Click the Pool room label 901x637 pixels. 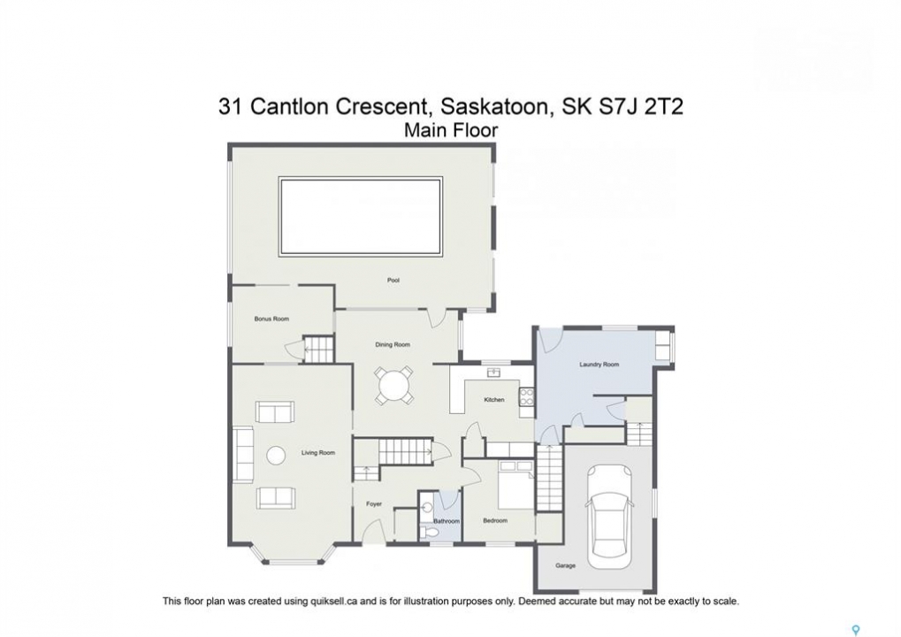tap(393, 280)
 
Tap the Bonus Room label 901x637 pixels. tap(271, 318)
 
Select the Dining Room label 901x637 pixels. tap(393, 345)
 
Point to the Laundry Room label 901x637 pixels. tap(599, 365)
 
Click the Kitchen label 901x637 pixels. tap(494, 400)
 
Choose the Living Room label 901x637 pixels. tap(317, 453)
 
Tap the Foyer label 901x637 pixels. tap(374, 504)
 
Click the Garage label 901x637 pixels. tap(565, 565)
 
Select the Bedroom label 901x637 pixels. tap(495, 521)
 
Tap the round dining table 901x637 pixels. tap(393, 383)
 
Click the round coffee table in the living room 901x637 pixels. tap(276, 457)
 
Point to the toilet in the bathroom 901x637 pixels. tap(429, 533)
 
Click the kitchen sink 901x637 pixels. tap(493, 372)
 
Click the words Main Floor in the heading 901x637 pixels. tap(451, 131)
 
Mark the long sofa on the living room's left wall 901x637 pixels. tap(243, 455)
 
